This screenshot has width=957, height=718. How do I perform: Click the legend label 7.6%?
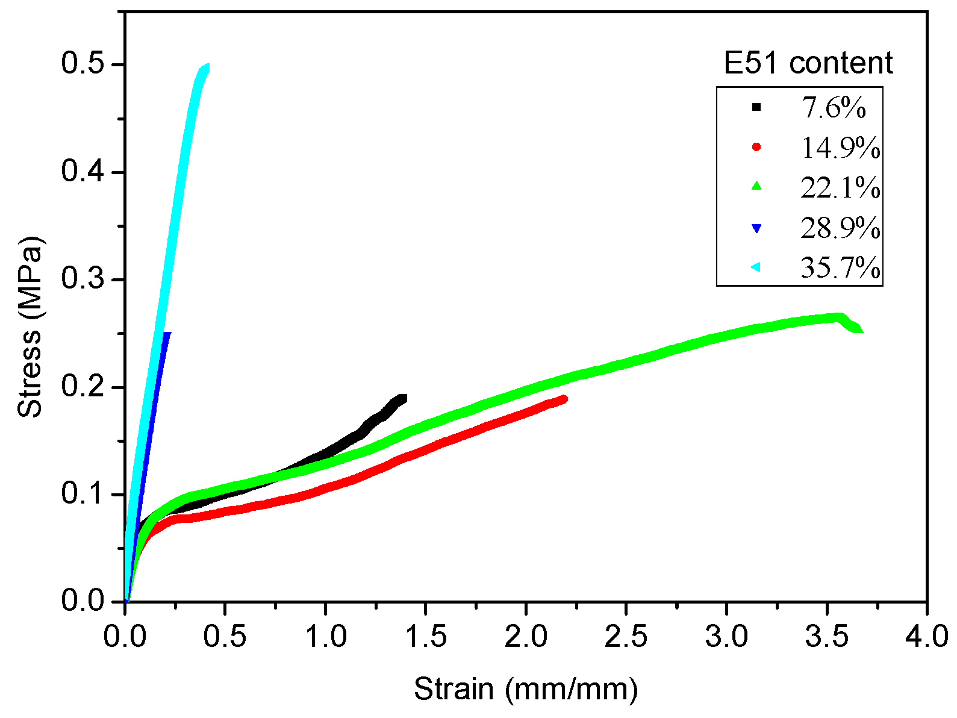(x=834, y=108)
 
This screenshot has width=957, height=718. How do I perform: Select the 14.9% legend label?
(x=840, y=148)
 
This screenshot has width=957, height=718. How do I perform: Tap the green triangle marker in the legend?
(x=756, y=187)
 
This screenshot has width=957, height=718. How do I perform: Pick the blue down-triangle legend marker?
(x=756, y=228)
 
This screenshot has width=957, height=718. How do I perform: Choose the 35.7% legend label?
(x=840, y=267)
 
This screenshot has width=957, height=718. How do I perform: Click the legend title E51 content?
(x=808, y=63)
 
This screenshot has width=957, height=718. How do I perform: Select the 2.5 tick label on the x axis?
(x=626, y=637)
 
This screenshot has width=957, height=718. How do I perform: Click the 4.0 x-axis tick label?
(x=926, y=637)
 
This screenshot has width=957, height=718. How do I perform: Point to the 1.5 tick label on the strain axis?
(x=426, y=637)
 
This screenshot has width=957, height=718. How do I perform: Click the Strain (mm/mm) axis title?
(x=525, y=688)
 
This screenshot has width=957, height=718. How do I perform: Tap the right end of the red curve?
(x=564, y=399)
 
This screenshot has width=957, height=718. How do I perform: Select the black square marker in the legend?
(x=756, y=107)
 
